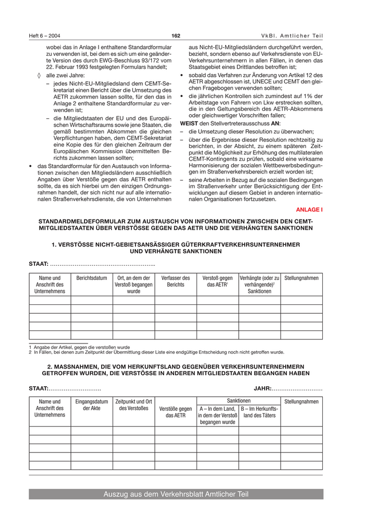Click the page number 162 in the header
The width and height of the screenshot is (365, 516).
[176, 35]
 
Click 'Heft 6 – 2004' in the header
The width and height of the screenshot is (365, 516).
[44, 35]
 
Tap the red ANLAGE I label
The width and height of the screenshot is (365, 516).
[309, 210]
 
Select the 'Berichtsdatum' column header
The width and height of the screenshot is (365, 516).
[92, 278]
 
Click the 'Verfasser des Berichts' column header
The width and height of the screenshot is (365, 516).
[175, 281]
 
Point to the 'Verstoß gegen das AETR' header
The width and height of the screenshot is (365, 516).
[217, 281]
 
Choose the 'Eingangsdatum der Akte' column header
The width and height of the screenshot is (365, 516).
[92, 405]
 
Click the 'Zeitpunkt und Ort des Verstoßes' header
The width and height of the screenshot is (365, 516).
[133, 405]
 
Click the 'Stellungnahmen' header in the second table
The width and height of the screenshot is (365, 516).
[301, 402]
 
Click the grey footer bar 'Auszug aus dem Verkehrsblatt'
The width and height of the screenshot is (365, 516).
[176, 494]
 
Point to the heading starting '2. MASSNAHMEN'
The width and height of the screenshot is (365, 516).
[176, 370]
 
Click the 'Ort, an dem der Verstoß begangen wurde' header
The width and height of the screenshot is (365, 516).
[133, 285]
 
